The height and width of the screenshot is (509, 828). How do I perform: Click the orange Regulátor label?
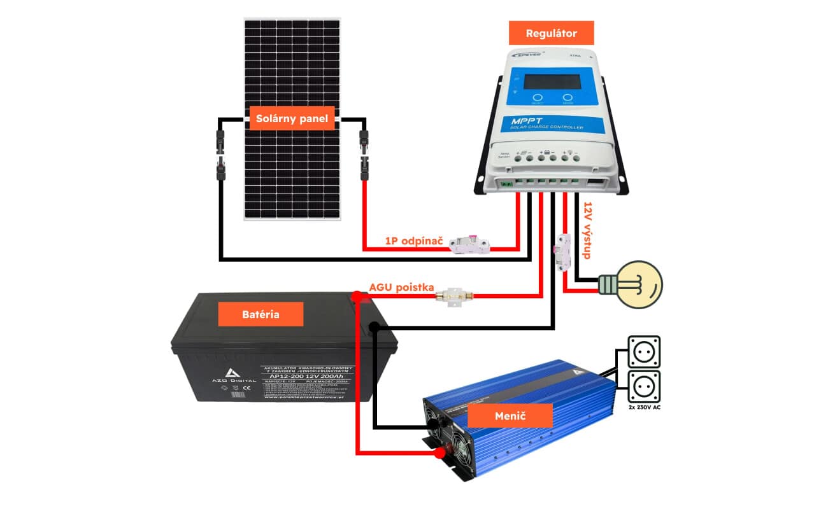tap(551, 33)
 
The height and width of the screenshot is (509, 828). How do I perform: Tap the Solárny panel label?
tap(292, 118)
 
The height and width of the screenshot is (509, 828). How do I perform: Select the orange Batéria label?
tap(261, 314)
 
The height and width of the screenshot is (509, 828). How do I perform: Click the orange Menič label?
tap(510, 415)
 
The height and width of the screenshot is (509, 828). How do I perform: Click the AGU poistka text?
tap(401, 288)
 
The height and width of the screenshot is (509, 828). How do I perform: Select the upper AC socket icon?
tap(644, 352)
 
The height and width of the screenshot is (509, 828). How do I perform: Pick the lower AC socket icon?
tap(644, 386)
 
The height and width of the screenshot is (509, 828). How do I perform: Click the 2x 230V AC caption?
tap(644, 407)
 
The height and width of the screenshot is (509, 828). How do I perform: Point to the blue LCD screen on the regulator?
tap(552, 82)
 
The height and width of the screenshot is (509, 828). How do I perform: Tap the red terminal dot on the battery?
tap(358, 296)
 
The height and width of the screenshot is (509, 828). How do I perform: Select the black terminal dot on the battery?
tap(375, 328)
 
